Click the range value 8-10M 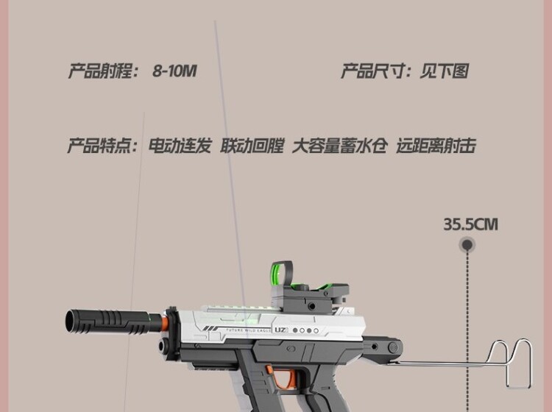tap(174, 72)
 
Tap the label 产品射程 tap(102, 72)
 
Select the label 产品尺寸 tap(374, 72)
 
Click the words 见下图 tap(444, 72)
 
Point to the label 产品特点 tap(102, 146)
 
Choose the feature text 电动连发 tap(180, 146)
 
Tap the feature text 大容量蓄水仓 tap(339, 146)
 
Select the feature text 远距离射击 tap(436, 146)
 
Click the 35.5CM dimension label tap(470, 224)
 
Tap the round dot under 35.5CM tap(467, 244)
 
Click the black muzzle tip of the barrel tap(74, 322)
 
